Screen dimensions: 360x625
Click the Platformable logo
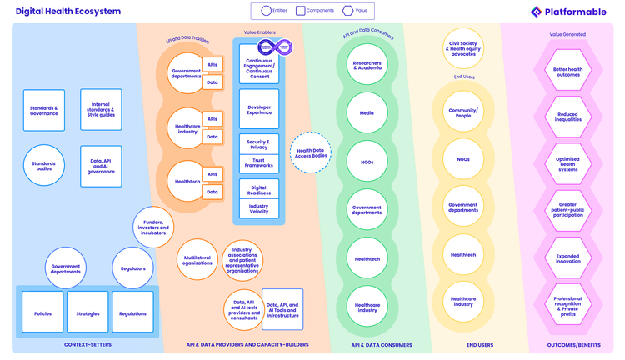[569, 12]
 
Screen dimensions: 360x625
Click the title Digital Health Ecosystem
[68, 12]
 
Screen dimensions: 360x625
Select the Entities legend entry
[272, 11]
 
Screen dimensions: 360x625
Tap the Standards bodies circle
[44, 164]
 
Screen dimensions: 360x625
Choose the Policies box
[42, 312]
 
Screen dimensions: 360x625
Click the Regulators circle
[133, 268]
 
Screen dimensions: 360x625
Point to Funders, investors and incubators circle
[153, 227]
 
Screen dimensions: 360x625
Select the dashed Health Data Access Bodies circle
[311, 152]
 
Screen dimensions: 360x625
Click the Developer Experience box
[259, 109]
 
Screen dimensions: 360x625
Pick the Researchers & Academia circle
[367, 66]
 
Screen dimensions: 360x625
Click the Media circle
[367, 113]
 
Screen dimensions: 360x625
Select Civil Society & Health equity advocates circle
[463, 49]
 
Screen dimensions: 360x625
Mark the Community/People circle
[463, 112]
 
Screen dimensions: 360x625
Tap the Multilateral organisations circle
[197, 260]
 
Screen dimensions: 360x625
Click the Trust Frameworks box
[259, 162]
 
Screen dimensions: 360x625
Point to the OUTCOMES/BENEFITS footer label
[567, 344]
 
